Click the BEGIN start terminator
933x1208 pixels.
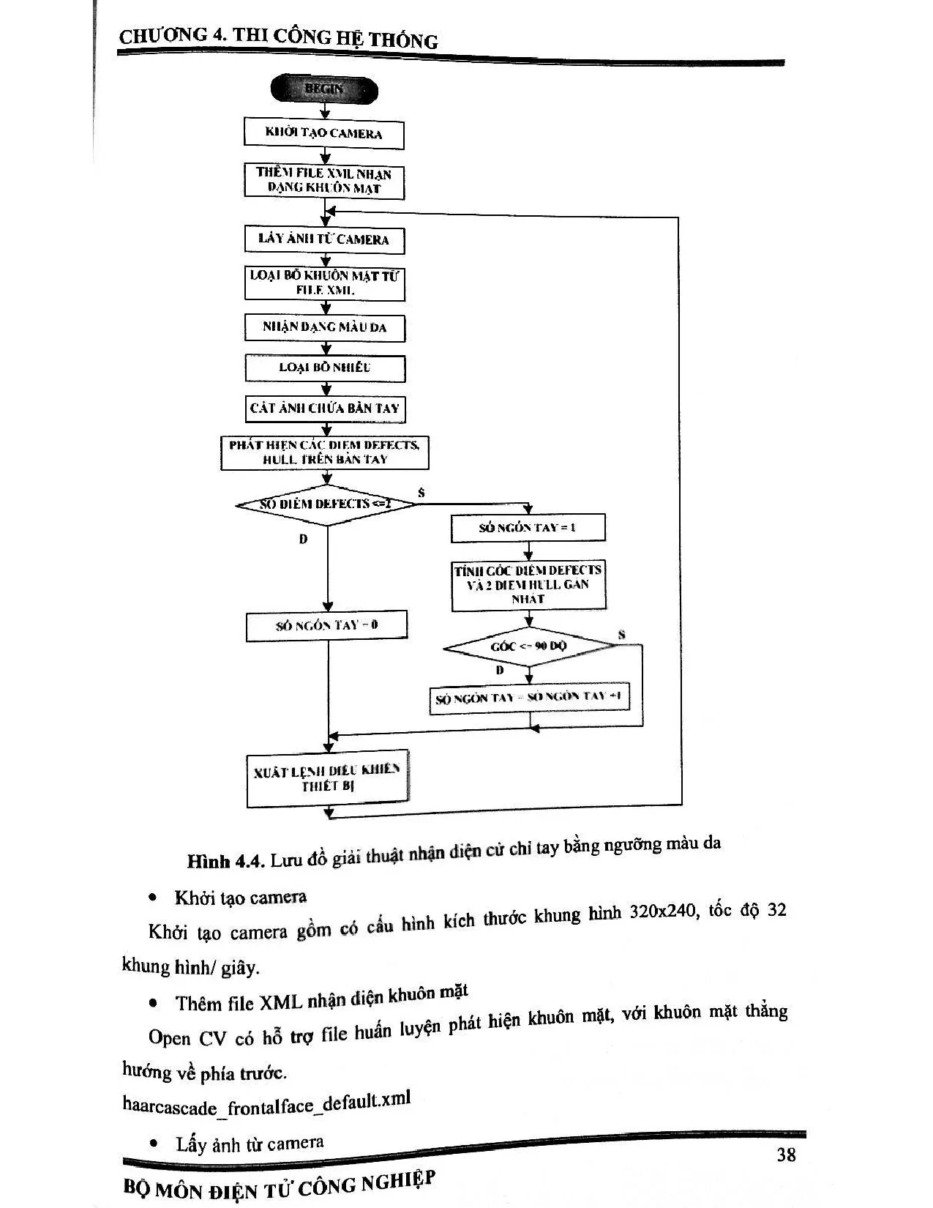pos(324,89)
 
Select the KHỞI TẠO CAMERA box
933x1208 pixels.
pos(323,134)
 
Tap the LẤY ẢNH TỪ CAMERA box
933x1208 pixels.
pos(324,239)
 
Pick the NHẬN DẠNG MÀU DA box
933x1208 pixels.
pos(324,327)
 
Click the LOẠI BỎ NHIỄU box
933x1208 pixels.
pos(325,368)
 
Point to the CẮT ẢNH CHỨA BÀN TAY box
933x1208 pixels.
pos(325,409)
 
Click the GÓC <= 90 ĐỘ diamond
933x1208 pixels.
pos(528,646)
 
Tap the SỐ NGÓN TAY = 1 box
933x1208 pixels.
pos(528,528)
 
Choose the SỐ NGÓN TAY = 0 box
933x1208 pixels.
pos(326,625)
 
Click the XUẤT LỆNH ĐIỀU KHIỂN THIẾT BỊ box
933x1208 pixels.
pos(327,778)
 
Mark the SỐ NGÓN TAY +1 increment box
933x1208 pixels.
pos(528,698)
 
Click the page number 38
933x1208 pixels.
pos(786,1155)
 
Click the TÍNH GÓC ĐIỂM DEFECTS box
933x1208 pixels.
pos(528,584)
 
